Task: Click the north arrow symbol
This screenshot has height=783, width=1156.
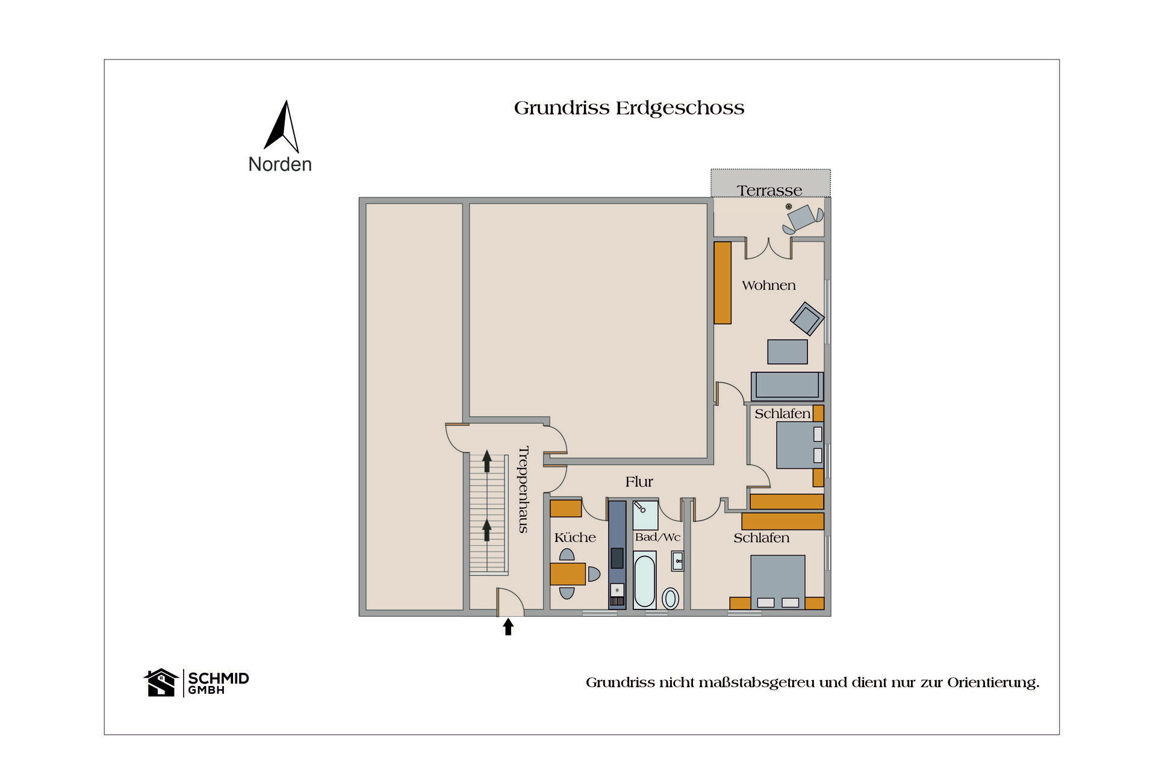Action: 281,128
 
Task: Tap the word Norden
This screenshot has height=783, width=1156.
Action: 280,164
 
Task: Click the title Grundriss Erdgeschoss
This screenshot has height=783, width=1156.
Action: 629,108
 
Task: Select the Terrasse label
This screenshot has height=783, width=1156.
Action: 769,190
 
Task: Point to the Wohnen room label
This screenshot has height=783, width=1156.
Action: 768,285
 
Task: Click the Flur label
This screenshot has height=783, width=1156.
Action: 639,482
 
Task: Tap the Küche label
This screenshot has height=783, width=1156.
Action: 574,538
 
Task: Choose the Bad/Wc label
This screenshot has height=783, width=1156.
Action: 657,537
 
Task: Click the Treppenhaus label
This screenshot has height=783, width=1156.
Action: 523,489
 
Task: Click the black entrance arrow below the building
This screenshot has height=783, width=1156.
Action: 508,627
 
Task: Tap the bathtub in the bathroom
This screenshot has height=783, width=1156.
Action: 644,581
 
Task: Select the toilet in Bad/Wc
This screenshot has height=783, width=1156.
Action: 670,599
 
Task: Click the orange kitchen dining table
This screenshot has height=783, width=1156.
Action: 567,574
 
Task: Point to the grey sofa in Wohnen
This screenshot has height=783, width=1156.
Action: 786,386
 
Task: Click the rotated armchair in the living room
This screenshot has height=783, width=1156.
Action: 807,319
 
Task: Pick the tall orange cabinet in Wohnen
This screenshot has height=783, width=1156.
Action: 722,282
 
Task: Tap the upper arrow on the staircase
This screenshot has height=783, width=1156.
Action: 486,462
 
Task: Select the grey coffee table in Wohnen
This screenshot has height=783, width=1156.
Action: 787,352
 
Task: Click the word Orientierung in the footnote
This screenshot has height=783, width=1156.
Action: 992,683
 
